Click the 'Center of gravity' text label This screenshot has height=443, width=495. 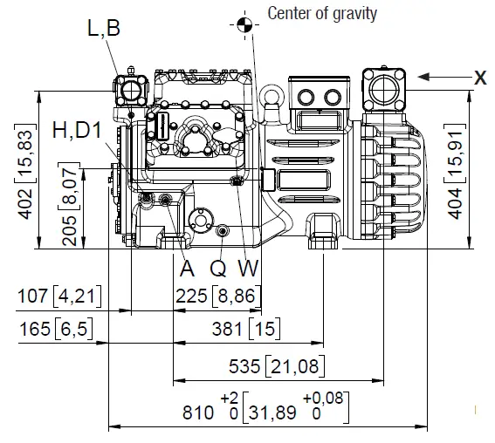pos(322,13)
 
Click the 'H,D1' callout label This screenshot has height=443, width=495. pos(78,131)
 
